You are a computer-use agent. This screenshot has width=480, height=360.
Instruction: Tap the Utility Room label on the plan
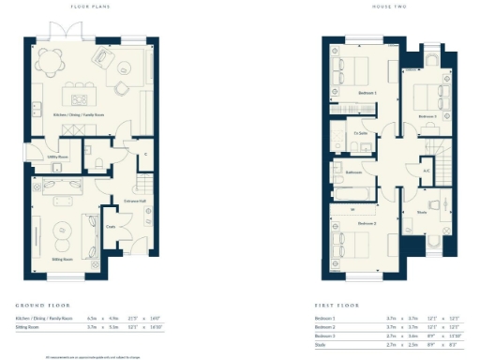[x=58, y=157]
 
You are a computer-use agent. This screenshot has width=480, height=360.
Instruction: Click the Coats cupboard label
[x=110, y=227]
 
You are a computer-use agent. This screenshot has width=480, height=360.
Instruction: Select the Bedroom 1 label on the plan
[x=368, y=94]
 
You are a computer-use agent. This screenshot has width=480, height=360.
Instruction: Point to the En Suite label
[x=360, y=133]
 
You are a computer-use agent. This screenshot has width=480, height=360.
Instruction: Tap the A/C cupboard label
[x=427, y=172]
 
